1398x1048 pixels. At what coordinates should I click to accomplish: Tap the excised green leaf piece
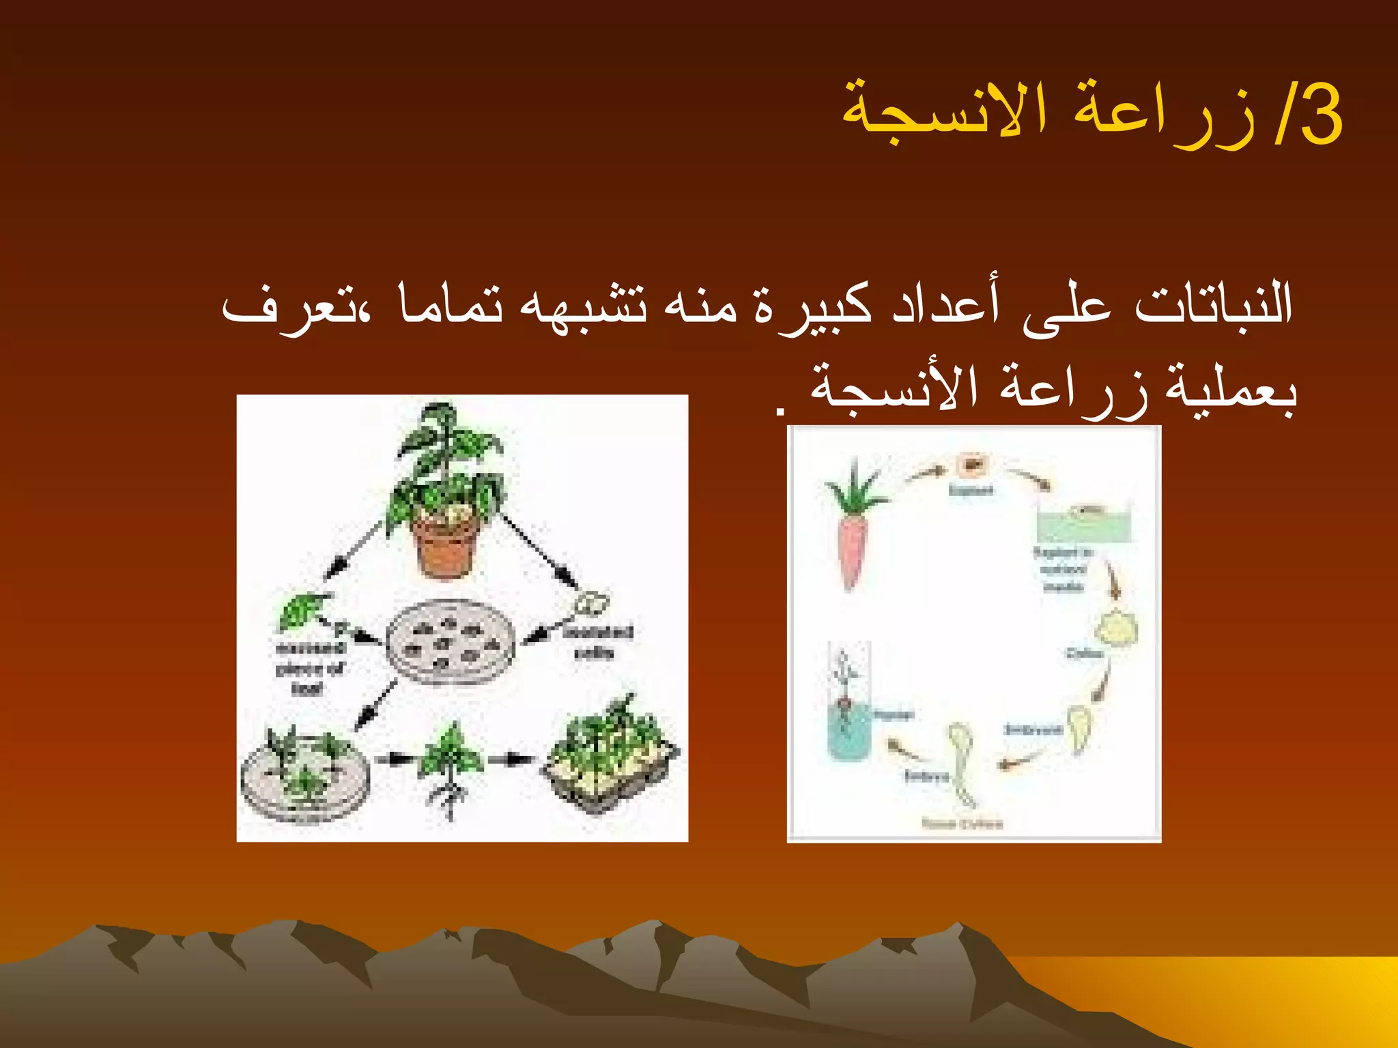tap(300, 611)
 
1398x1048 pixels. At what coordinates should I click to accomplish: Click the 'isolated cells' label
tap(597, 642)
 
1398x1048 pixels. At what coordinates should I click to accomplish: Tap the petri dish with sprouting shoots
tap(304, 774)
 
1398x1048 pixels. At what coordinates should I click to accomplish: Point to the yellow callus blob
tap(1115, 628)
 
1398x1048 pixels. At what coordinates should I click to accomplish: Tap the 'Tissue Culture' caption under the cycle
tap(962, 824)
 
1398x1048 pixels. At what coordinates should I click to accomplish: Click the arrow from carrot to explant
tap(925, 472)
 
